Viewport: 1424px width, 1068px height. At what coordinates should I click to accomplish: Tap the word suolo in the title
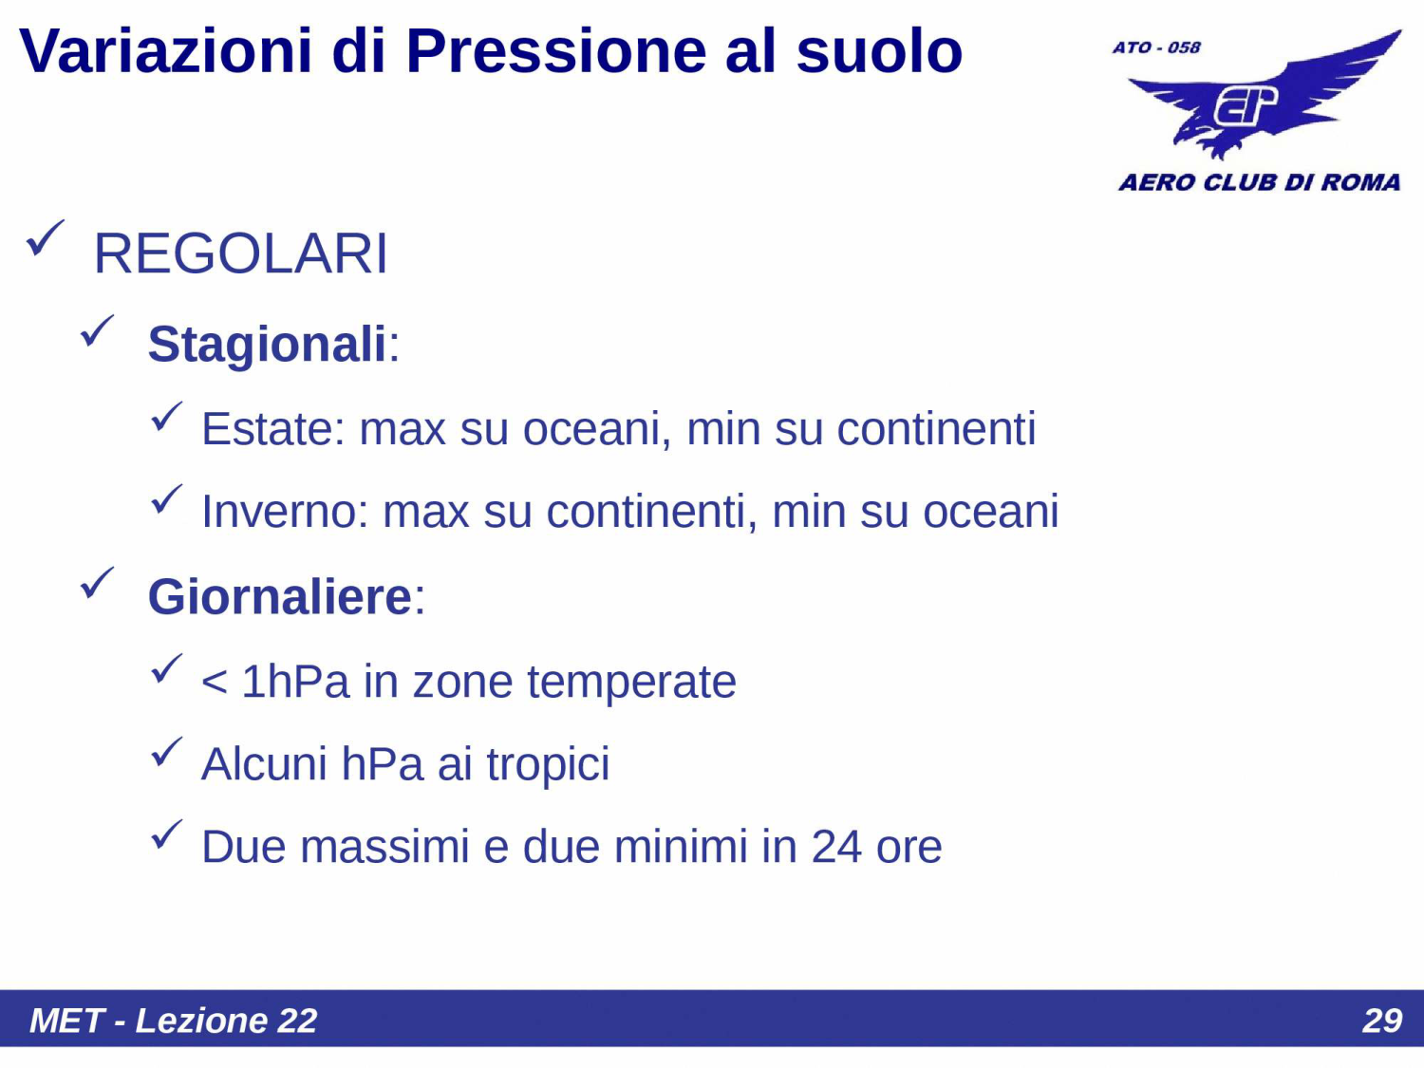tap(878, 51)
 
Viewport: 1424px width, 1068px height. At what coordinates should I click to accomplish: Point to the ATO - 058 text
tap(1156, 47)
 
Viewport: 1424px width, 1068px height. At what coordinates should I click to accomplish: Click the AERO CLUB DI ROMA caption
tap(1259, 182)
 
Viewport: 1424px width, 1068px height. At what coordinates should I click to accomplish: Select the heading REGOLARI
tap(240, 254)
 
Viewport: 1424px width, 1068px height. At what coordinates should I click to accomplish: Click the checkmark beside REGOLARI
tap(45, 238)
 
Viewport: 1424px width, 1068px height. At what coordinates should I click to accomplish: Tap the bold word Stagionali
tap(267, 344)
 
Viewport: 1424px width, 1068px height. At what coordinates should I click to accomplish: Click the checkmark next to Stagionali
tap(97, 331)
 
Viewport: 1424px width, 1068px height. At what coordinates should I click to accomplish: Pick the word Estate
tap(267, 429)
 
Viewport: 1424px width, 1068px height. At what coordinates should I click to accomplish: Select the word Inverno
tap(278, 512)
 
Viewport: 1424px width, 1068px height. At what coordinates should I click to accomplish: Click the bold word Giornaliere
tap(279, 597)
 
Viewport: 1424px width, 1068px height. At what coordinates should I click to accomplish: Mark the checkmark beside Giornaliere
tap(97, 583)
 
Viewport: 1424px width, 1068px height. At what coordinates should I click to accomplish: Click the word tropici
tap(548, 764)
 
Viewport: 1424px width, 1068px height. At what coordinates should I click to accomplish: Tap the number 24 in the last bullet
tap(835, 847)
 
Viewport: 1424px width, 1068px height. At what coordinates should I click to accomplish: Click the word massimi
tap(384, 847)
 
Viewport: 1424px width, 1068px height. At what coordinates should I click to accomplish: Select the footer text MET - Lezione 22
tap(173, 1021)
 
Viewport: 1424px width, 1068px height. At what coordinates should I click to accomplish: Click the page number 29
tap(1381, 1021)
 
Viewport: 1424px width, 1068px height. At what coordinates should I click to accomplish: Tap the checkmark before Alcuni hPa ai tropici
tap(166, 753)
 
